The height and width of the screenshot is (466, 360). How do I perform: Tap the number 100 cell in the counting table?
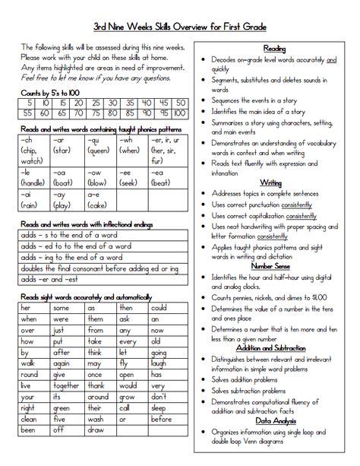pyautogui.click(x=178, y=113)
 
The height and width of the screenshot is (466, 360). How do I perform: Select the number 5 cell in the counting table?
pyautogui.click(x=29, y=102)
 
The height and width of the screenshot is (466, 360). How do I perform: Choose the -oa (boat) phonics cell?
pyautogui.click(x=68, y=177)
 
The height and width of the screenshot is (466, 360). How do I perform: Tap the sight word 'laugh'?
pyautogui.click(x=159, y=363)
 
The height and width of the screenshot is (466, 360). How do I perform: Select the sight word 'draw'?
pyautogui.click(x=96, y=430)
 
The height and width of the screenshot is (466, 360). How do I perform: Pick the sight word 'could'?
pyautogui.click(x=159, y=308)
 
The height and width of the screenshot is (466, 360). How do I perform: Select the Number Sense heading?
pyautogui.click(x=270, y=266)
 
